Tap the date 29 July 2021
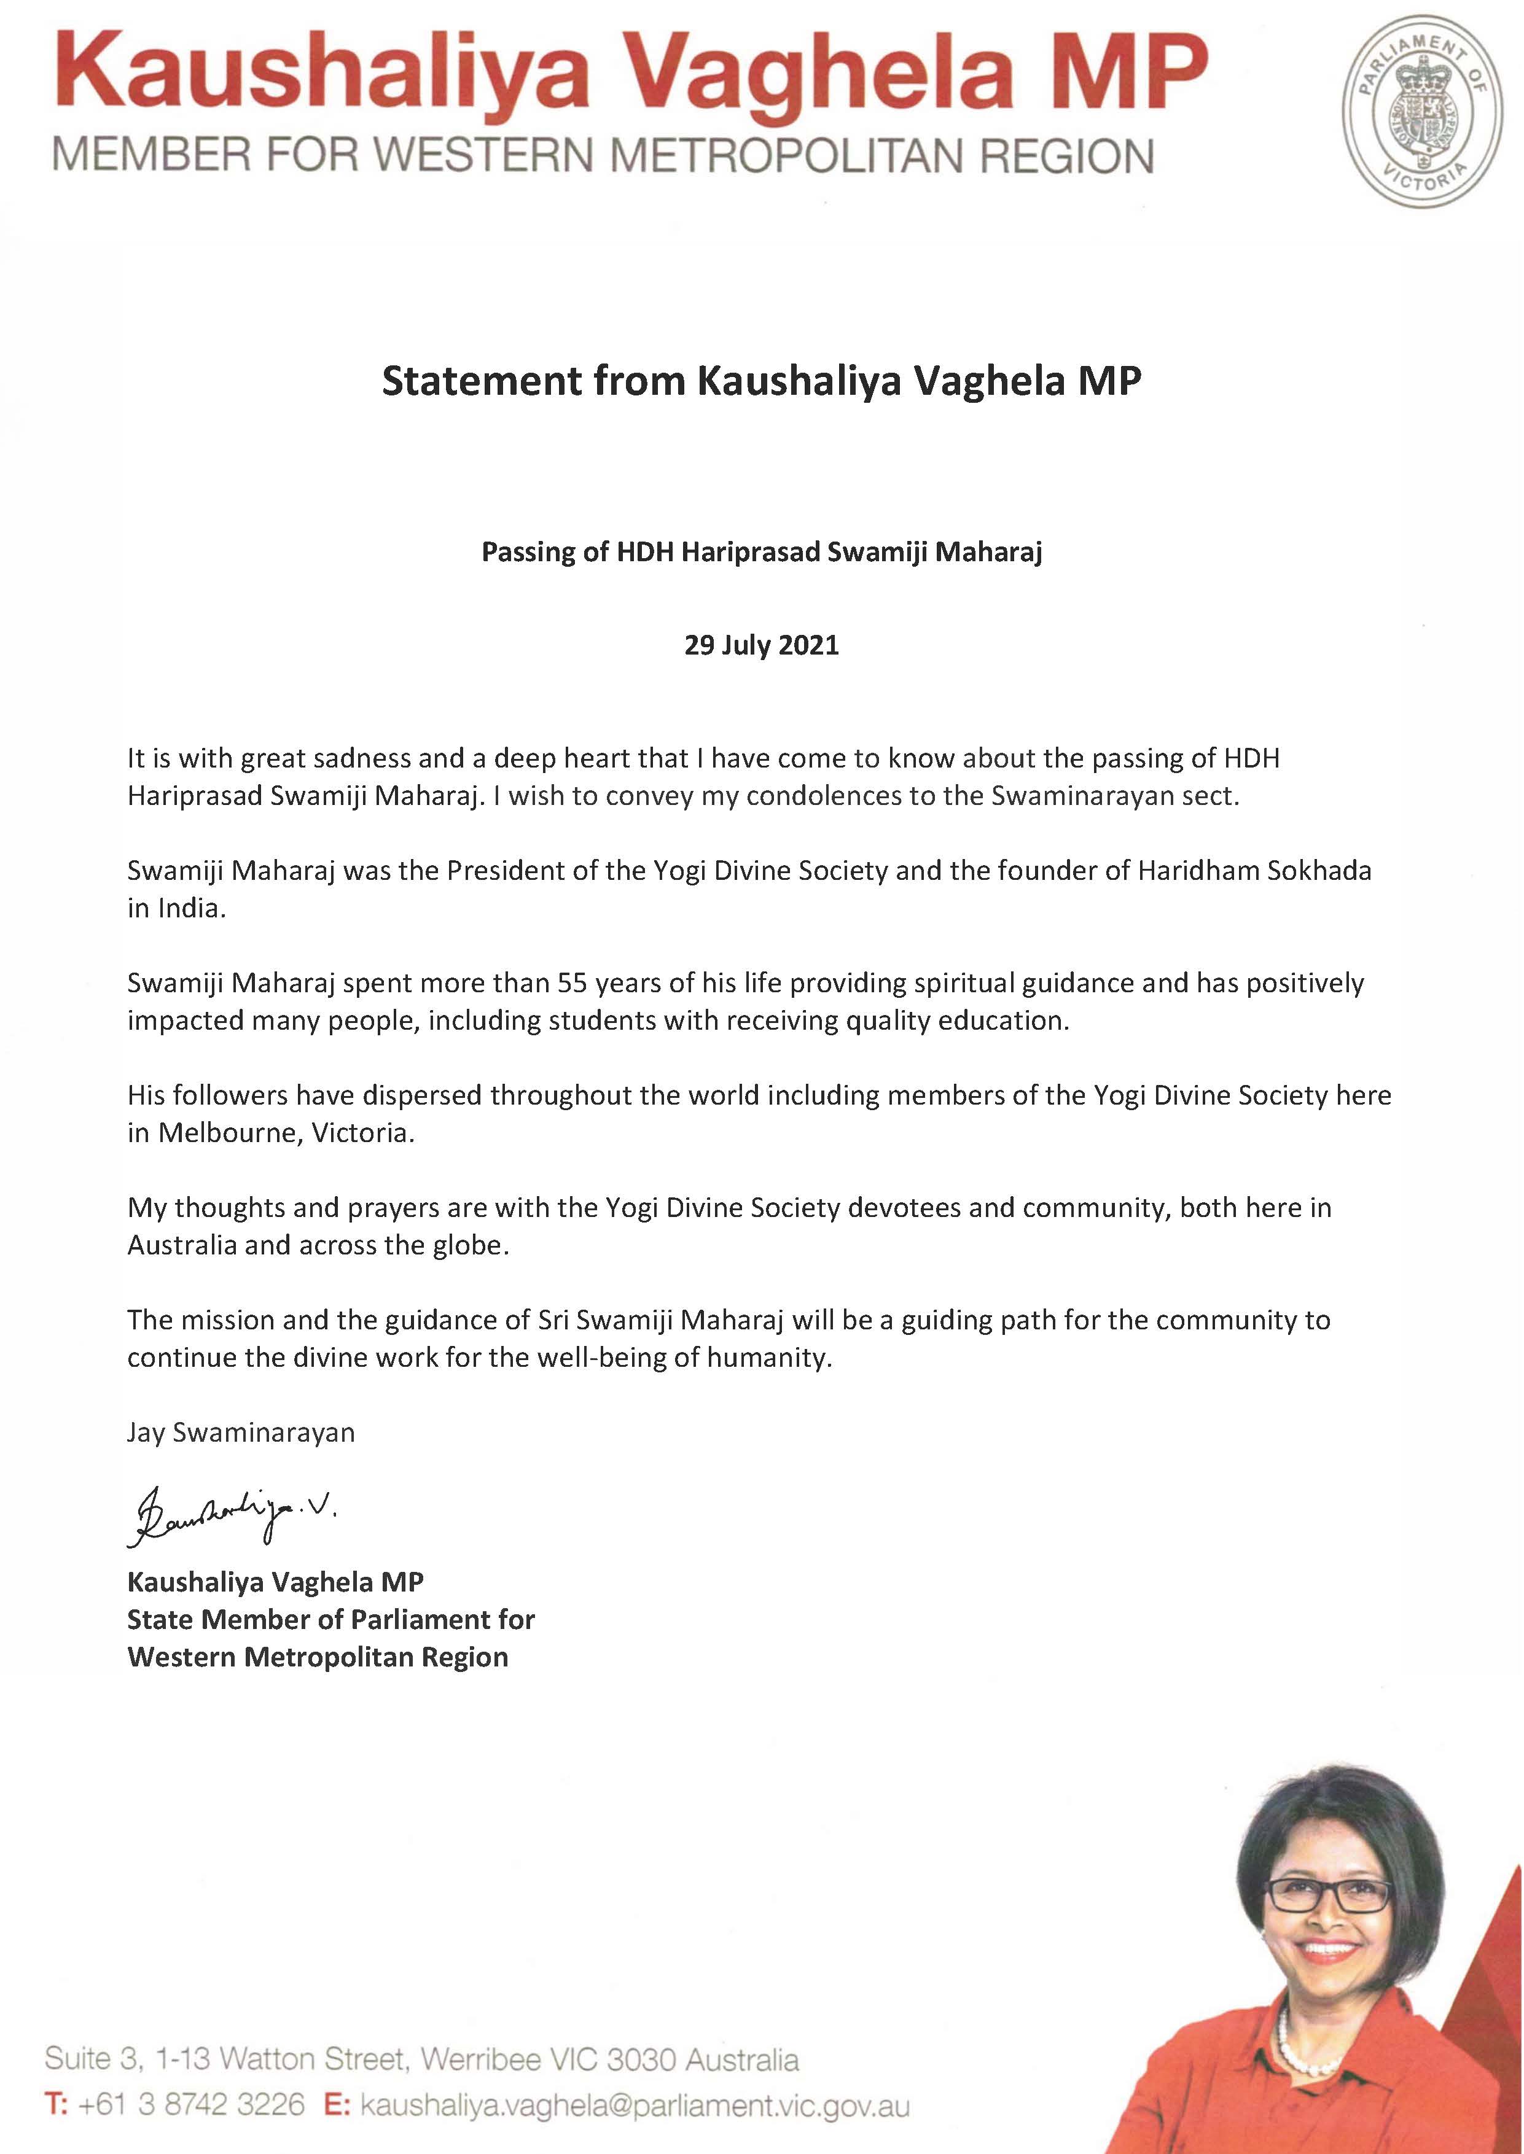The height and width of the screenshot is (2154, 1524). click(x=761, y=645)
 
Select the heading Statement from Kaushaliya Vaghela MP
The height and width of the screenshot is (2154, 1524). click(x=761, y=381)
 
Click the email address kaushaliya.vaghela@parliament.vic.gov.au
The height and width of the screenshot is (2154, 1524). click(x=635, y=2105)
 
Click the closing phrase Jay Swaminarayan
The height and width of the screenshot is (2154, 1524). click(x=241, y=1433)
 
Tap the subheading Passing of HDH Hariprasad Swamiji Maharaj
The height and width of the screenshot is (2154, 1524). click(x=761, y=551)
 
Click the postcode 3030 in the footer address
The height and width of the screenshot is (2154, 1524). click(x=641, y=2060)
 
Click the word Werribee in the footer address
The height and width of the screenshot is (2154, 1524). click(x=480, y=2060)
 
